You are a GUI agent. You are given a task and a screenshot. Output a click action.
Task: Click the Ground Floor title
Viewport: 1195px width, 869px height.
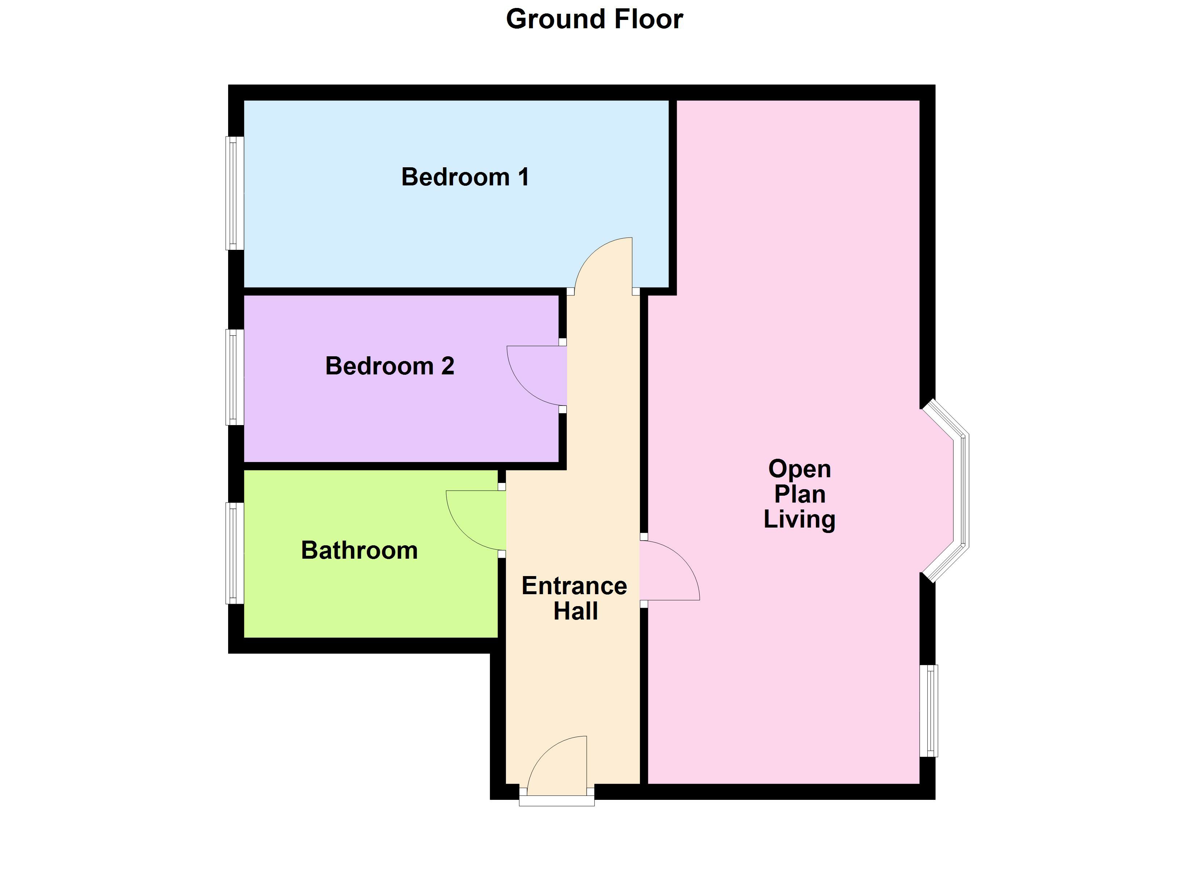tap(594, 20)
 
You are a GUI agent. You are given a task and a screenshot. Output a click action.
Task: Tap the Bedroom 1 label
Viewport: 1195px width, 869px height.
tap(465, 177)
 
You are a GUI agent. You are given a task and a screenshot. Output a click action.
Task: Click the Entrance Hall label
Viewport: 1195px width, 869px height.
tap(574, 599)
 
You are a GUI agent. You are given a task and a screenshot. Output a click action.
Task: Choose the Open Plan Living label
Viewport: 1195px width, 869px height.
tap(799, 494)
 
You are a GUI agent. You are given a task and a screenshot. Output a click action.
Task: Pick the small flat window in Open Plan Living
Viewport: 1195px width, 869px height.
tap(930, 711)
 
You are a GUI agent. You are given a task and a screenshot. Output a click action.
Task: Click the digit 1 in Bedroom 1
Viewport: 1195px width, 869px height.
tap(523, 177)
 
